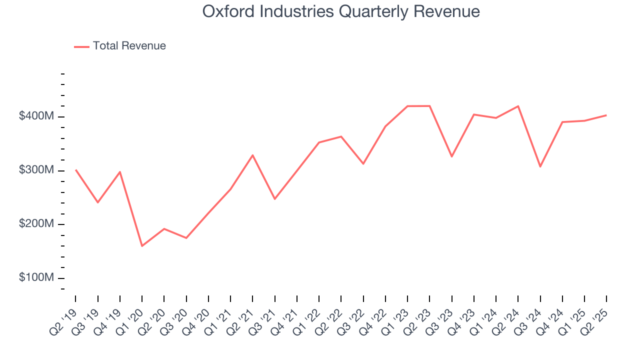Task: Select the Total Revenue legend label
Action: pyautogui.click(x=129, y=46)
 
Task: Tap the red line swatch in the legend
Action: pyautogui.click(x=81, y=46)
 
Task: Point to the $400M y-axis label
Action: pyautogui.click(x=36, y=116)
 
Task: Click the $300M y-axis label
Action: pyautogui.click(x=36, y=170)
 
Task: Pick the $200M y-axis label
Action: pyautogui.click(x=36, y=224)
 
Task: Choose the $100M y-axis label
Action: pyautogui.click(x=36, y=278)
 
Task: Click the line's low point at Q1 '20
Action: pyautogui.click(x=142, y=246)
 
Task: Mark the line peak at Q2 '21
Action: pyautogui.click(x=252, y=155)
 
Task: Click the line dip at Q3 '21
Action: pyautogui.click(x=274, y=199)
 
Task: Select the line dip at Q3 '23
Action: pyautogui.click(x=451, y=156)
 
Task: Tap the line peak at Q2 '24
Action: pyautogui.click(x=518, y=106)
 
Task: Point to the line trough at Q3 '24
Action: pyautogui.click(x=540, y=166)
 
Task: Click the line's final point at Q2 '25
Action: pyautogui.click(x=606, y=115)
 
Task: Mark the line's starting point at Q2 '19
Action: pyautogui.click(x=75, y=169)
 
